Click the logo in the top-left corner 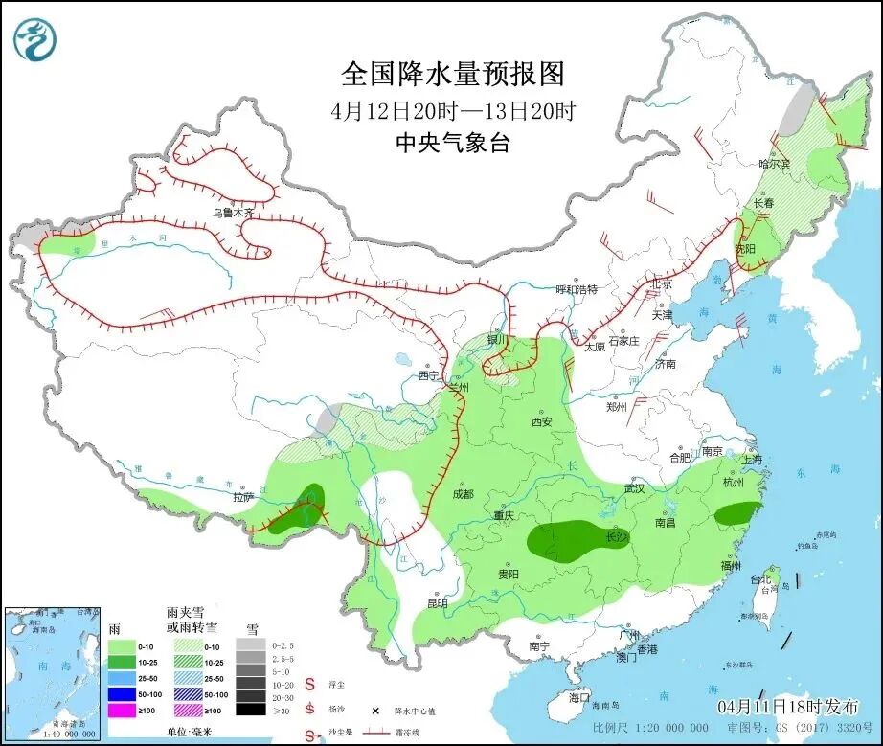[35, 40]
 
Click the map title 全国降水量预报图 [453, 74]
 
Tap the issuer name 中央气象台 [453, 144]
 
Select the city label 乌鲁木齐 [234, 213]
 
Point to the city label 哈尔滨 [775, 165]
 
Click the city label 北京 [661, 284]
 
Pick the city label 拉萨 [243, 496]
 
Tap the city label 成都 [463, 494]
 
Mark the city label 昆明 [437, 603]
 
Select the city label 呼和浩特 [577, 289]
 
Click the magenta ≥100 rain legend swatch [120, 710]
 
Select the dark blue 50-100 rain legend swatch [120, 693]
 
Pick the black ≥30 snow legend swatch [250, 710]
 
